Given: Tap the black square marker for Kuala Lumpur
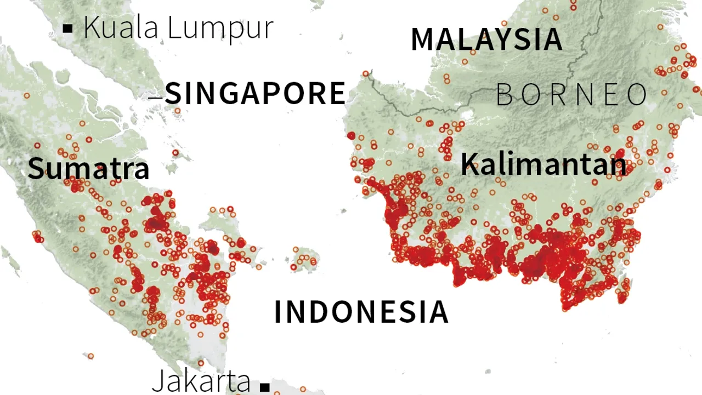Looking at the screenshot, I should [68, 28].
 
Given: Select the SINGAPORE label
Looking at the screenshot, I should [256, 93].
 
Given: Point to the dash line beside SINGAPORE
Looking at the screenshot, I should [156, 98].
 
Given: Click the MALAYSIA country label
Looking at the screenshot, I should [486, 39].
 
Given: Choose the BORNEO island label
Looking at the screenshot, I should [572, 95].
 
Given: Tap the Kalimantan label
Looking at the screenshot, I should [543, 163].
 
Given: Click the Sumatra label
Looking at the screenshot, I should [88, 168].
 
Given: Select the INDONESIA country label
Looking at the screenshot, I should [361, 312].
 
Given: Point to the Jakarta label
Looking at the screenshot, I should [201, 380].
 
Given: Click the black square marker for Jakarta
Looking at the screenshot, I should [265, 386].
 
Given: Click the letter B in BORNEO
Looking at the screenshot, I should [505, 95].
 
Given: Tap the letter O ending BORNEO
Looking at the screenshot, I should [638, 95].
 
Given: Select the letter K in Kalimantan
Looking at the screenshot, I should [469, 163].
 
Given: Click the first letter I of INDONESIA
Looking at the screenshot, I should [278, 312].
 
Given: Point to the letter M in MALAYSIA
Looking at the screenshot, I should [423, 39].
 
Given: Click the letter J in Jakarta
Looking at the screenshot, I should [158, 380].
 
